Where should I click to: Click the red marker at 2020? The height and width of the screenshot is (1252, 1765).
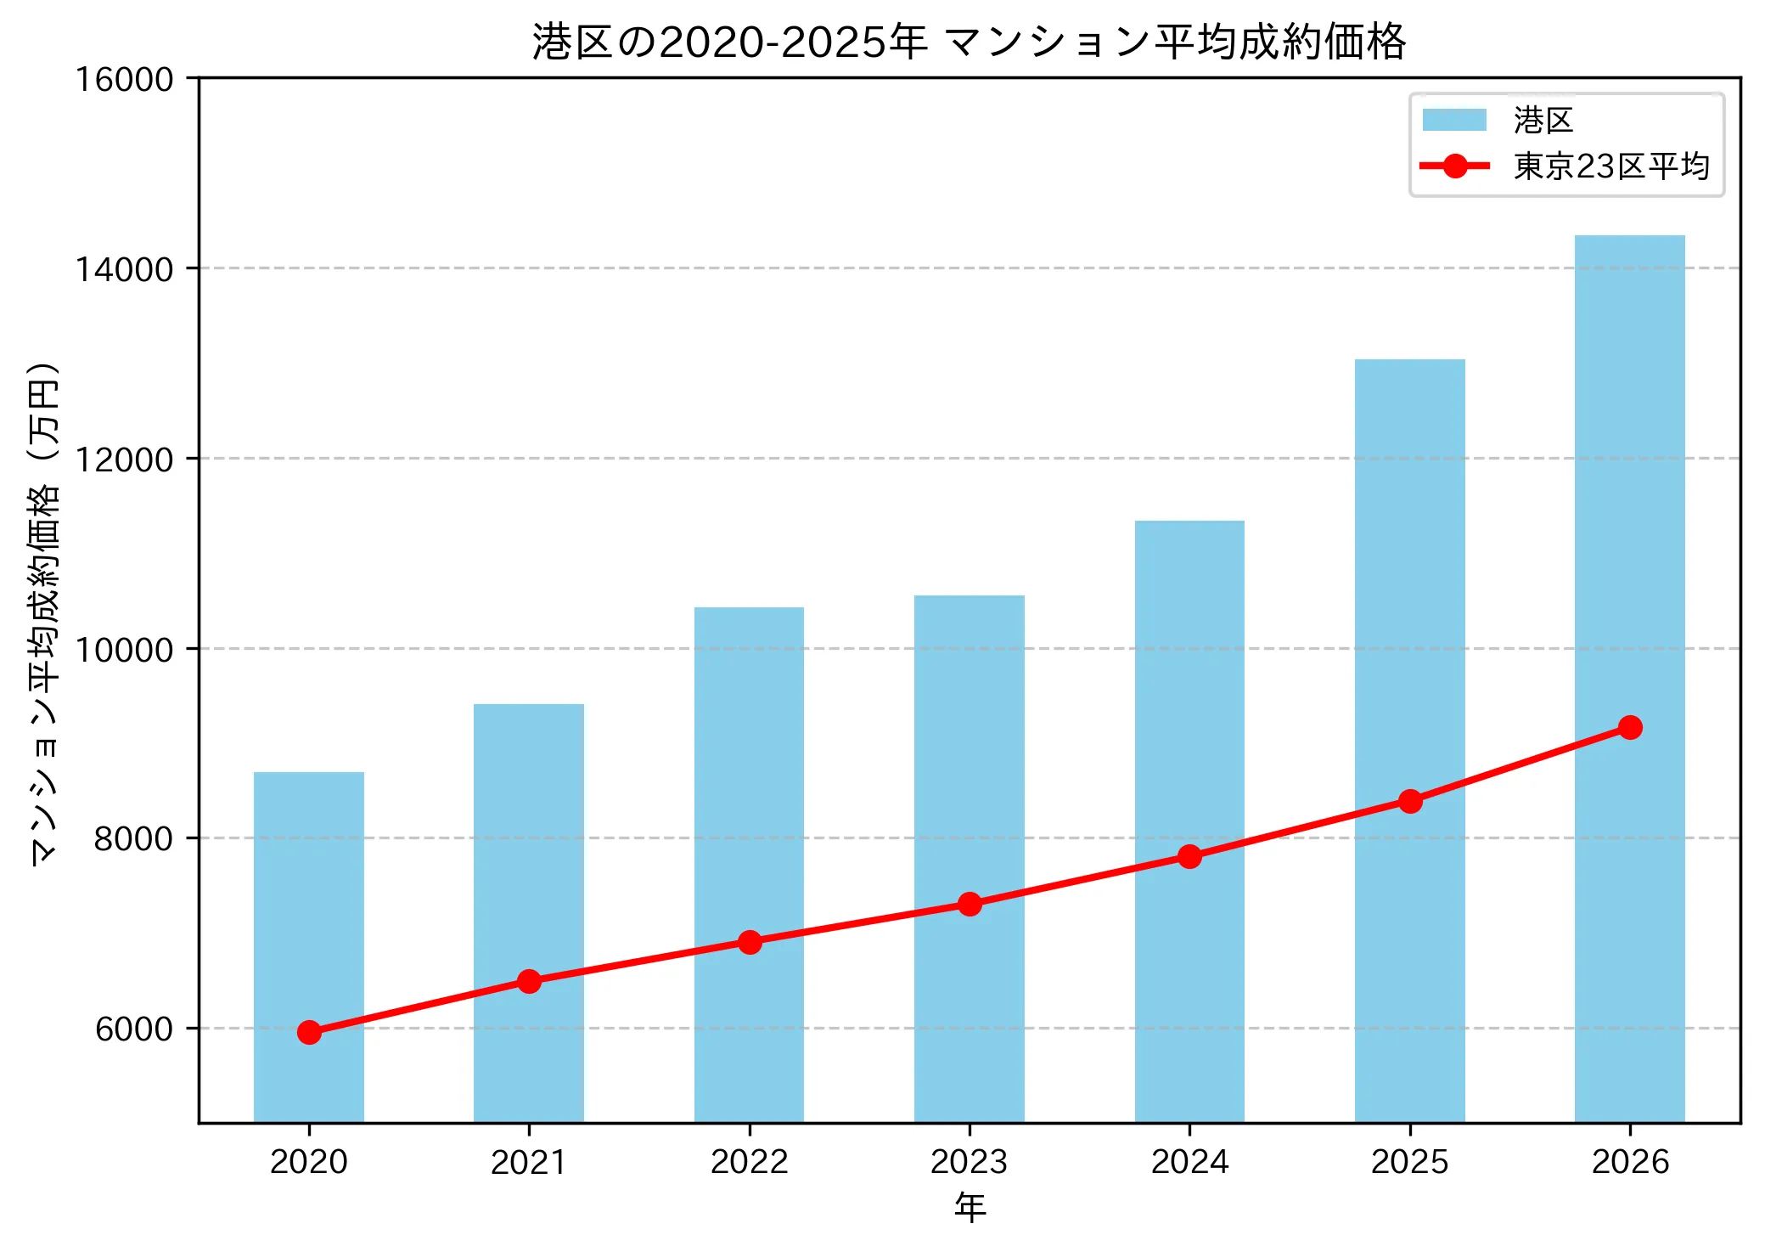click(309, 1032)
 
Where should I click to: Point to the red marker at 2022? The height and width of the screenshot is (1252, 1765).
click(750, 942)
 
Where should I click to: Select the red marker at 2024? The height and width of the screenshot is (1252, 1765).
click(1189, 856)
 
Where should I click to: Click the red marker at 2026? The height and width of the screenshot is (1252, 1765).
click(1630, 727)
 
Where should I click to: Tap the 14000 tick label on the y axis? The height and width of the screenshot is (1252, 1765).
click(124, 269)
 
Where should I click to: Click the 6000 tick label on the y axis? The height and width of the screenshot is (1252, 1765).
click(133, 1029)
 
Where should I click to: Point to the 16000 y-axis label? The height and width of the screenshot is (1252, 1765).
click(124, 79)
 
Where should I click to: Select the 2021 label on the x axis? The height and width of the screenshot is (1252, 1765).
click(528, 1162)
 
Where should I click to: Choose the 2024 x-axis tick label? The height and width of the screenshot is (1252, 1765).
click(1189, 1162)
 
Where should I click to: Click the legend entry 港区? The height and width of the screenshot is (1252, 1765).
click(1543, 120)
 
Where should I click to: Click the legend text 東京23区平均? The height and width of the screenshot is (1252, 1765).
click(1610, 166)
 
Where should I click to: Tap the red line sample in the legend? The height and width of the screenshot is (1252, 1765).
click(1454, 166)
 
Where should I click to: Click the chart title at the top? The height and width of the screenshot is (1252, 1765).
click(969, 42)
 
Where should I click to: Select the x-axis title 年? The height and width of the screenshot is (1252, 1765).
click(970, 1207)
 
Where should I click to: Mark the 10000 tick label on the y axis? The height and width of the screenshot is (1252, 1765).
click(124, 650)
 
